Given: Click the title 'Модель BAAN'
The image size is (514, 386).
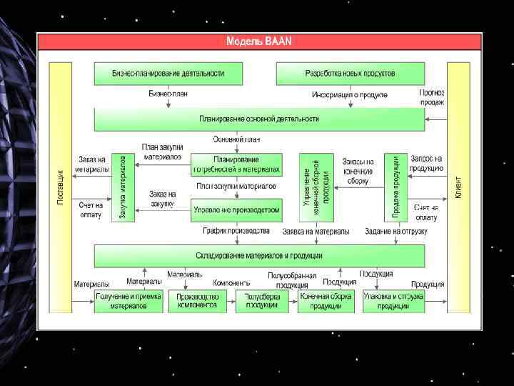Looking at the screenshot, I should tap(259, 41).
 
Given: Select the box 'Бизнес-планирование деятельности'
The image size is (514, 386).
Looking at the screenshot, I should tap(168, 74).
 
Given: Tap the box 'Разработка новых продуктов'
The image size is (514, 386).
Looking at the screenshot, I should tap(350, 74).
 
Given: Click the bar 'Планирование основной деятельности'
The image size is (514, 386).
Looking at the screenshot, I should tap(259, 119).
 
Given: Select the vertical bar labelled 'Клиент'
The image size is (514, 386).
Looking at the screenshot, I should tap(458, 188).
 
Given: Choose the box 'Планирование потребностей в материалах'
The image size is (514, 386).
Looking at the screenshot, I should tap(236, 164).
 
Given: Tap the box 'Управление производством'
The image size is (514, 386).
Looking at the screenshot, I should tap(236, 210).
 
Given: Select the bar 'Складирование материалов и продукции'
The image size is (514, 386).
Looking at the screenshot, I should tap(259, 255).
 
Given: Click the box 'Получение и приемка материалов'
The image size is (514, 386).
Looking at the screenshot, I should tap(128, 301).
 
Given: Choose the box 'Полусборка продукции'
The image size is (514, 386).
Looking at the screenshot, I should tap(261, 301).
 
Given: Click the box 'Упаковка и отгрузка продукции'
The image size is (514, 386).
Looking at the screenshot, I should tap(393, 301).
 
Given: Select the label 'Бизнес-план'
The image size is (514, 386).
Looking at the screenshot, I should tap(168, 94).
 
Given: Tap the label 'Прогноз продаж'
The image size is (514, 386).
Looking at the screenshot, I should tap(432, 97).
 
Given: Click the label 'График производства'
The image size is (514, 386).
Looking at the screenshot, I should tap(236, 231).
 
